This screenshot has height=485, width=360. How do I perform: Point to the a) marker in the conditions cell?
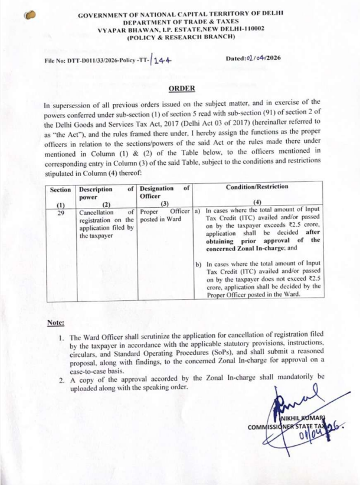[x=197, y=211]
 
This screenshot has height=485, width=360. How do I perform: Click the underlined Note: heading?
[x=56, y=322]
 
